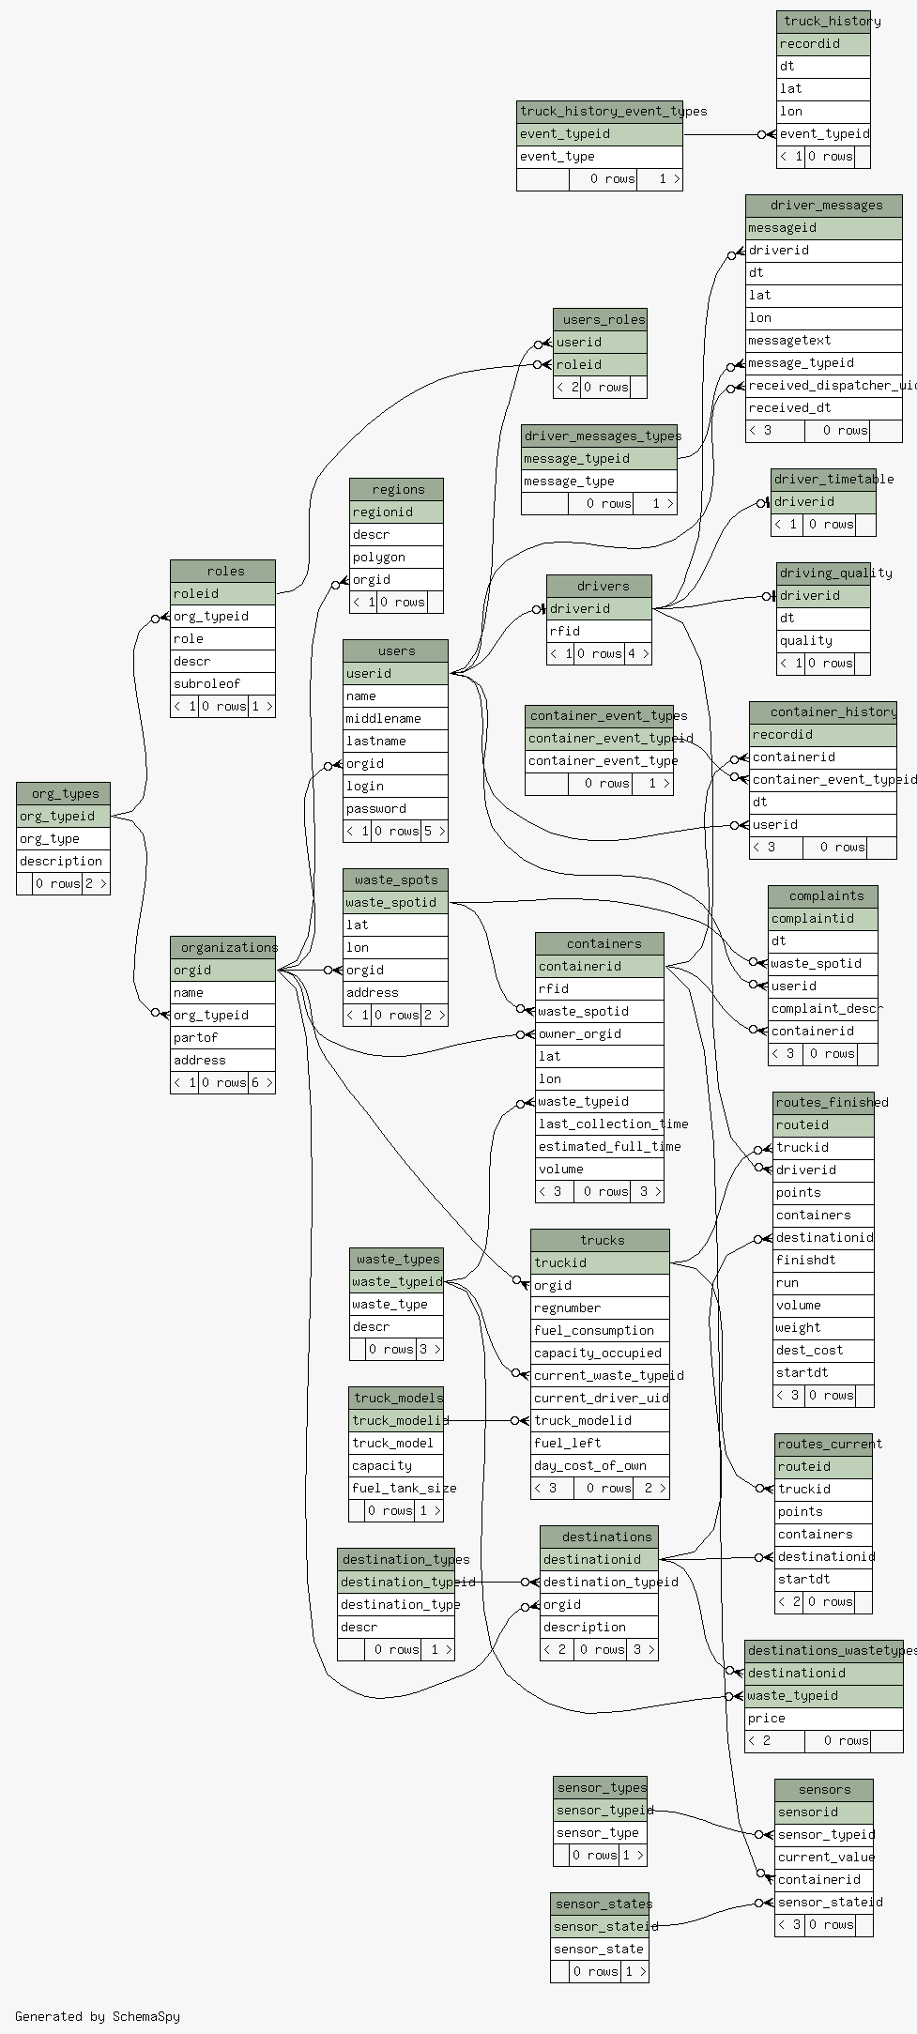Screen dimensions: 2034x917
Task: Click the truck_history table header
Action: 823,21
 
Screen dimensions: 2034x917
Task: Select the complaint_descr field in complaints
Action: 822,1009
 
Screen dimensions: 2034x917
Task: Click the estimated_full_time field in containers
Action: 600,1147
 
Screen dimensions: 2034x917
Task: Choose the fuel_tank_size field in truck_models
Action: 396,1489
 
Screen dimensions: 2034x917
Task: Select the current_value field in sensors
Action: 823,1858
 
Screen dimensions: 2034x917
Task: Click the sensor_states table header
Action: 600,1904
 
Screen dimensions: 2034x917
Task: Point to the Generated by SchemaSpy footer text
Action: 97,2016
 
